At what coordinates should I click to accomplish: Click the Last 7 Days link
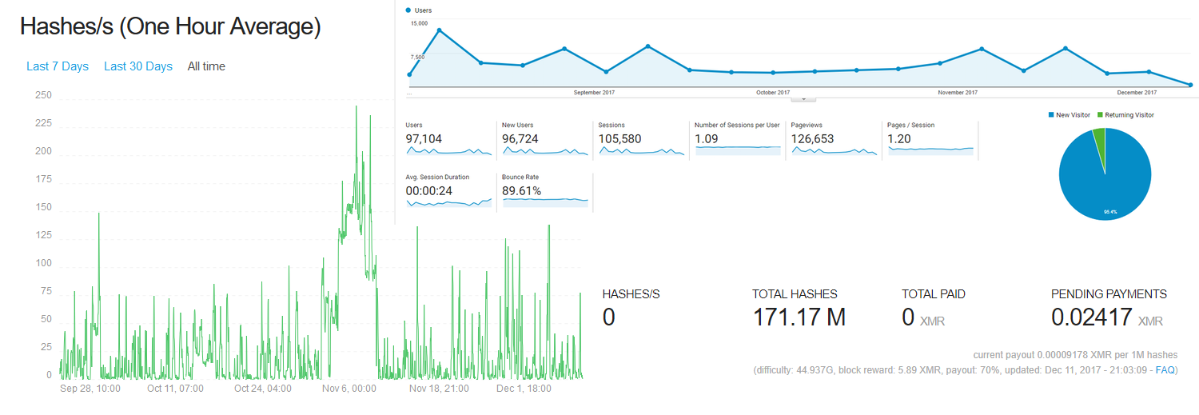(58, 66)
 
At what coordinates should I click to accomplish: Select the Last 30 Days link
(138, 66)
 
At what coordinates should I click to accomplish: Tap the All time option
(206, 66)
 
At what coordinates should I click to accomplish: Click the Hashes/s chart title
(170, 26)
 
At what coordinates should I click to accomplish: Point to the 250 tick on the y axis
(43, 95)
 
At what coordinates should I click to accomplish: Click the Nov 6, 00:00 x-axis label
(349, 389)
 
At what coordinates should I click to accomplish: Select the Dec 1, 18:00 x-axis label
(524, 389)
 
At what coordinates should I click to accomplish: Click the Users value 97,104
(424, 138)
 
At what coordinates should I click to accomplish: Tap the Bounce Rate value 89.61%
(521, 190)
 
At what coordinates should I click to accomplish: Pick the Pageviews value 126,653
(812, 138)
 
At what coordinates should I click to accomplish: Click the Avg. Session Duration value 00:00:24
(428, 190)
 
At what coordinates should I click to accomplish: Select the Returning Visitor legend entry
(1125, 115)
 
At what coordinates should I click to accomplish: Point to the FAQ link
(1165, 370)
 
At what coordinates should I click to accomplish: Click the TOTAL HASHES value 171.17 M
(799, 317)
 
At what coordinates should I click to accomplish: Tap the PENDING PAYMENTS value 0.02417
(1091, 317)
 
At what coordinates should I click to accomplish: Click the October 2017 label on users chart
(773, 93)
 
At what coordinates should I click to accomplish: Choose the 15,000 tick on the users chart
(419, 23)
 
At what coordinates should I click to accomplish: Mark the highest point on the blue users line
(440, 30)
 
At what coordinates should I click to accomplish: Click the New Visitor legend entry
(1069, 115)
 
